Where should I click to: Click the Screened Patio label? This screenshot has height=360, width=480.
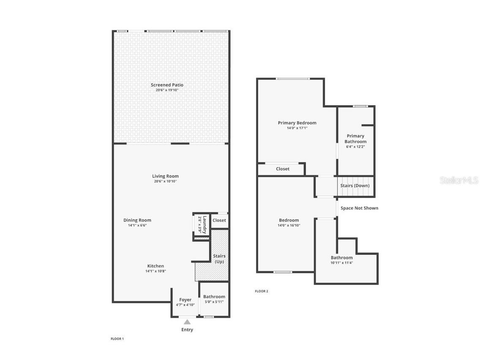(167, 85)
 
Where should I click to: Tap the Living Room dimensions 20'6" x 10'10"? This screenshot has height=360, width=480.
(165, 181)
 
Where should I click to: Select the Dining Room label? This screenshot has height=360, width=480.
(137, 220)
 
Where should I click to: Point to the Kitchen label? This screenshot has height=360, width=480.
(155, 266)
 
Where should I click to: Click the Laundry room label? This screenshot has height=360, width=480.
(205, 225)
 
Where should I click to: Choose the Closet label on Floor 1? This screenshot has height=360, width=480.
(219, 220)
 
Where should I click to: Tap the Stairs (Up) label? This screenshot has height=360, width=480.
(219, 259)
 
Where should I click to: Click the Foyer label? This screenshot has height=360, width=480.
(185, 300)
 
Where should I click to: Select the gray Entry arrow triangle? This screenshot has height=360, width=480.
(187, 322)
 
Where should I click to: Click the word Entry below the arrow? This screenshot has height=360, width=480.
(187, 330)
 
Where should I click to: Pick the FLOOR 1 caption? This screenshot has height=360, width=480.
(117, 339)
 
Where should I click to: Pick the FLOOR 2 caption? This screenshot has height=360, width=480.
(261, 291)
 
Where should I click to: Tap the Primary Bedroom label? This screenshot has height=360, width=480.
(297, 123)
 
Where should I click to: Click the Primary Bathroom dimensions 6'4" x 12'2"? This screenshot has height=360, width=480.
(355, 147)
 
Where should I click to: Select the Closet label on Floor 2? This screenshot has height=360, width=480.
(283, 169)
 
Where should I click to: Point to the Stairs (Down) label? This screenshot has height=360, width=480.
(355, 185)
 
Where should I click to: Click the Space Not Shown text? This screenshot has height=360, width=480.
(359, 208)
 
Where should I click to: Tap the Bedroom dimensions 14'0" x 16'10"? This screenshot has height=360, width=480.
(289, 225)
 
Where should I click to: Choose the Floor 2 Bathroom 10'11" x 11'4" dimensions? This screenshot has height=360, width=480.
(341, 262)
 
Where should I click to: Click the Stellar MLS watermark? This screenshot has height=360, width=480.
(459, 180)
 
